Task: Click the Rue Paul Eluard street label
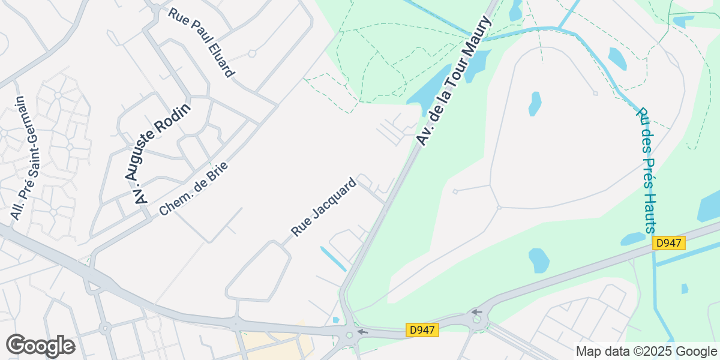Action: pos(201,42)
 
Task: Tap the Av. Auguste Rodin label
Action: pos(158,154)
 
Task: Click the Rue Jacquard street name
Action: pos(324,206)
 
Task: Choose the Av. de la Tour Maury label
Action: pos(454,81)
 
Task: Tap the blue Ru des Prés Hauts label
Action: pos(646,170)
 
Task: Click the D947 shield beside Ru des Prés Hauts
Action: pos(669,243)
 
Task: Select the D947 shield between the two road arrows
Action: pos(423,330)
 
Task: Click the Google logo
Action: pos(40,346)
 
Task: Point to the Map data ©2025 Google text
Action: pos(646,351)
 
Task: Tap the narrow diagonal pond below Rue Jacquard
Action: pos(333,257)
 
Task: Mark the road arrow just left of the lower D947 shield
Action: pos(362,331)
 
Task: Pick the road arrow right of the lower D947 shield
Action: pos(476,312)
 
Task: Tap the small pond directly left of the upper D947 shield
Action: pos(633,239)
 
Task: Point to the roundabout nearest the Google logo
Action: pos(106,328)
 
